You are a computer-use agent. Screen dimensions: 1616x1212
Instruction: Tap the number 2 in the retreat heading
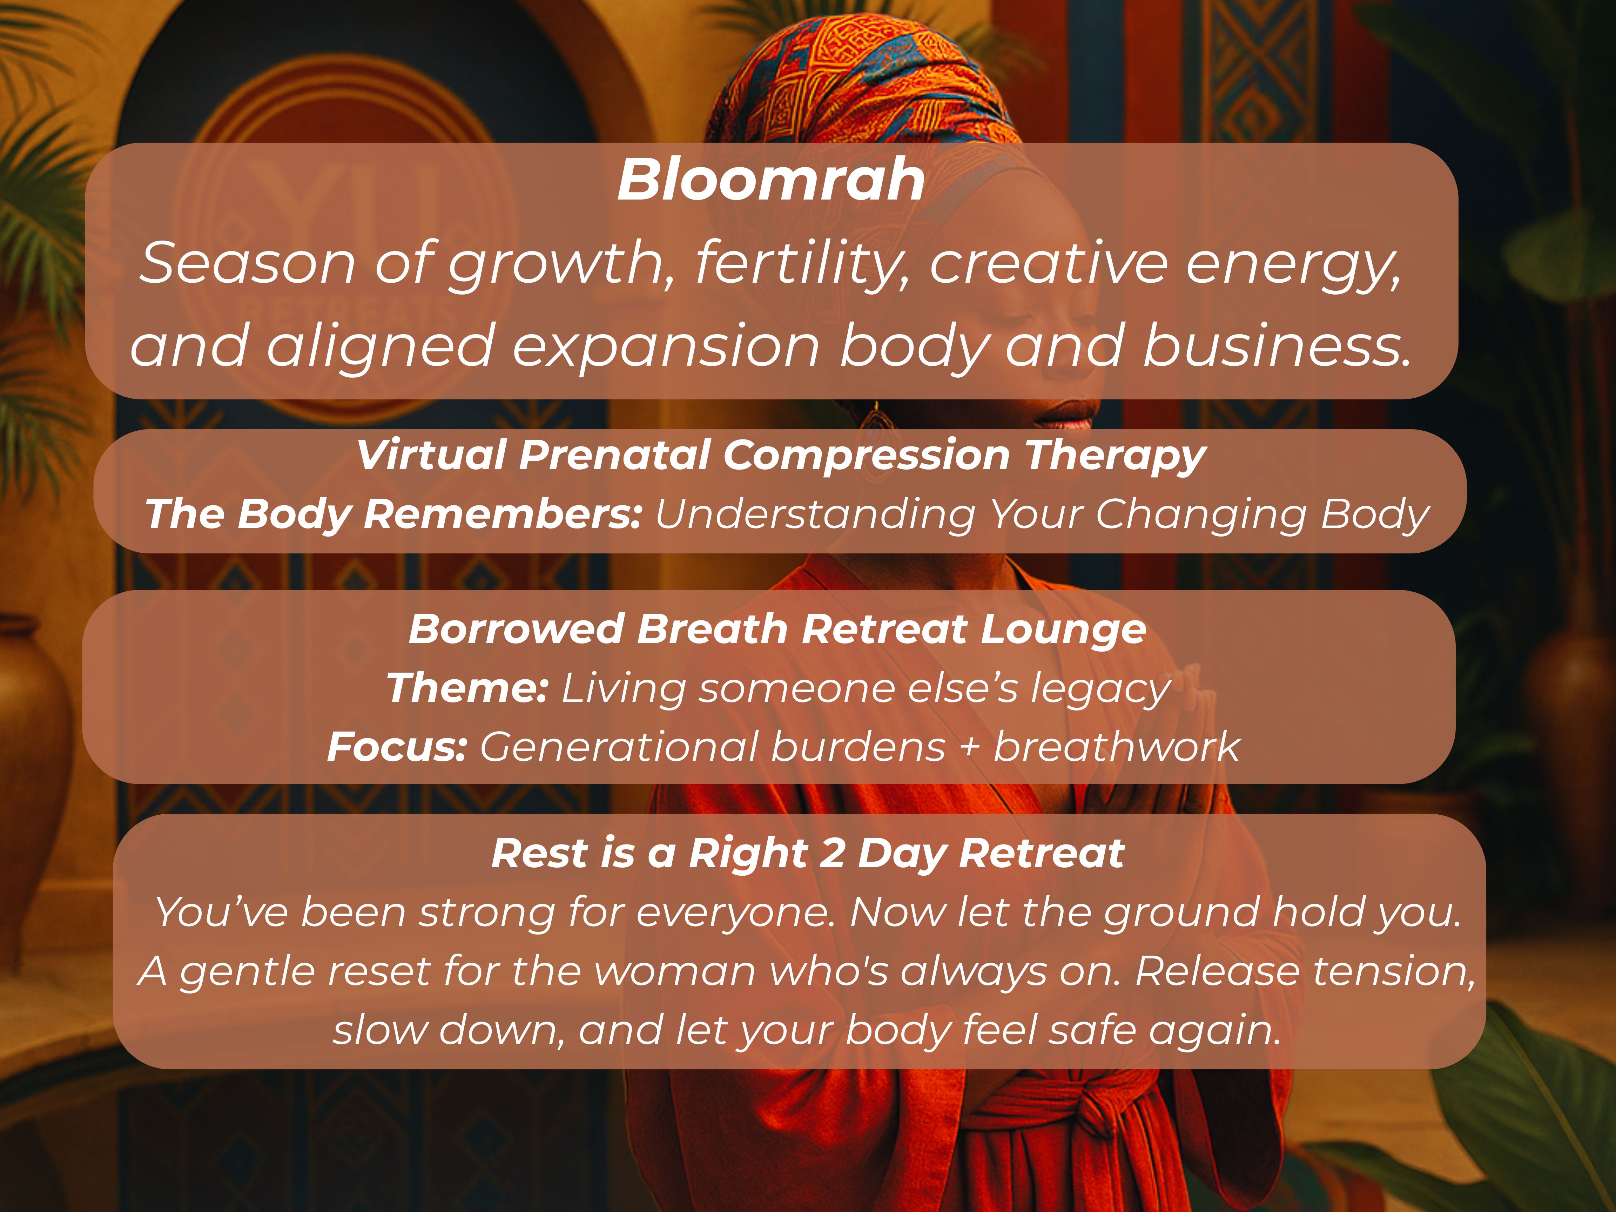pyautogui.click(x=833, y=854)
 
